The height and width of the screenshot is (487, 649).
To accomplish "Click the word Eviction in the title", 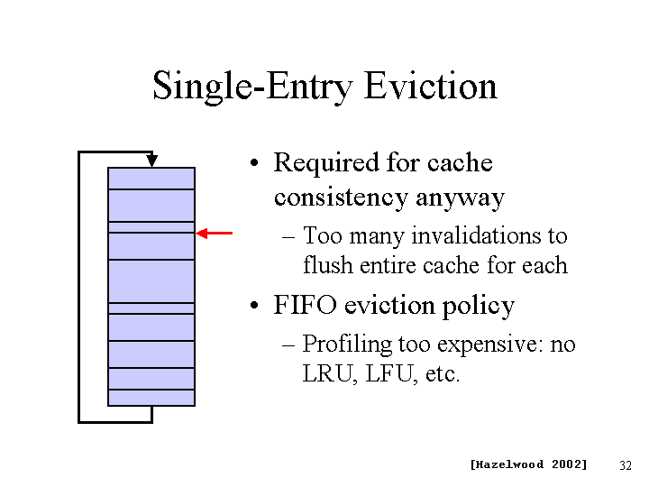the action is click(x=431, y=86).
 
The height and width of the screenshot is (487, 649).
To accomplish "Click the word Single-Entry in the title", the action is click(x=252, y=87).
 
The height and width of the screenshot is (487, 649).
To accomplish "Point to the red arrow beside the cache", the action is click(x=214, y=234).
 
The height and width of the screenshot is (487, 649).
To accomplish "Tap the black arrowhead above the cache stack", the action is click(x=152, y=161).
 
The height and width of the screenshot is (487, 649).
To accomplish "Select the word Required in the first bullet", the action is click(x=326, y=162).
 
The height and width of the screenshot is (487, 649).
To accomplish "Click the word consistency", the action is click(x=341, y=198).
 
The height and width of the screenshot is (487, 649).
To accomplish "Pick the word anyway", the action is click(x=461, y=198).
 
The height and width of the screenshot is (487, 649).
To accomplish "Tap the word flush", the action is click(x=327, y=264).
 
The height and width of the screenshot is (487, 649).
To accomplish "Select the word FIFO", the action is click(x=305, y=305).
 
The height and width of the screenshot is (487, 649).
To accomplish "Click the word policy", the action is click(x=479, y=307).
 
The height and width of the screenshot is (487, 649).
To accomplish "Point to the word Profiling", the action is click(x=347, y=345).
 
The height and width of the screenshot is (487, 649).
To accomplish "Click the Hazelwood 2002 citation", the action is click(x=528, y=464).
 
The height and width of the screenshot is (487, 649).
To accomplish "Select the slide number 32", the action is click(x=626, y=465).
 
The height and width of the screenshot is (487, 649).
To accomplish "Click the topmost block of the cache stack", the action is click(x=151, y=179).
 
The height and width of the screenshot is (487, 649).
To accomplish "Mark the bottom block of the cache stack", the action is click(x=151, y=398).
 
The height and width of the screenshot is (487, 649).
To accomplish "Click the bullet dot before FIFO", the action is click(x=254, y=306).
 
